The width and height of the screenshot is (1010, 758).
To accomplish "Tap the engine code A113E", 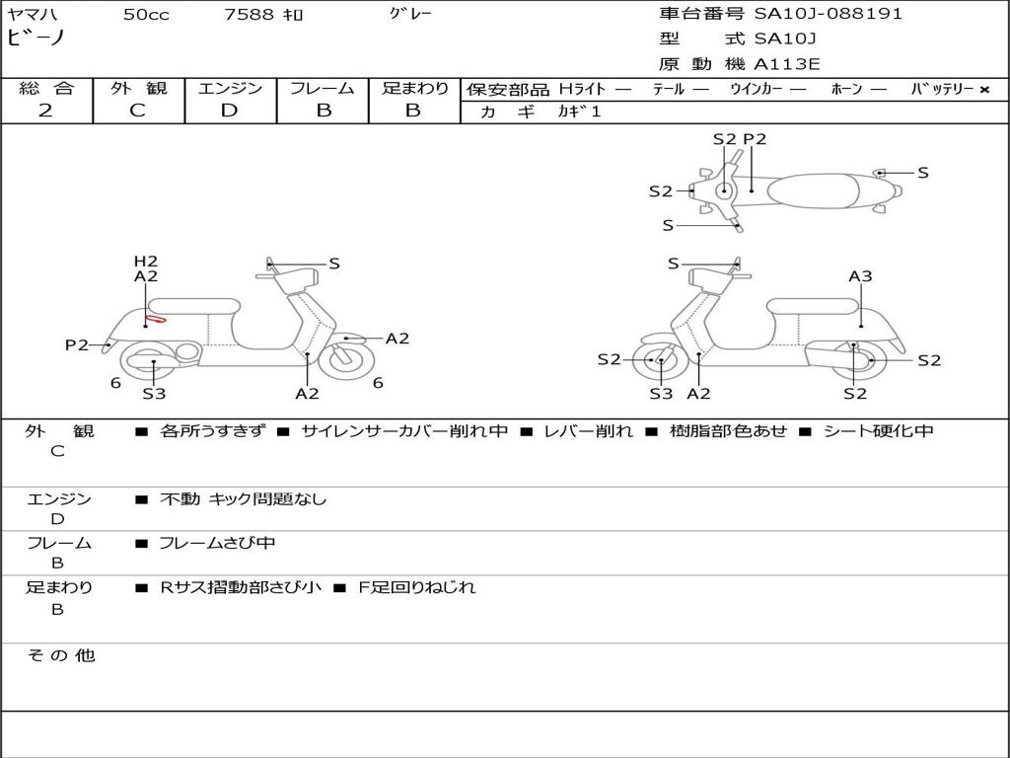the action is [x=787, y=65].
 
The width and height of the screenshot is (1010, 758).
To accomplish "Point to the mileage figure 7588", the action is [x=246, y=14].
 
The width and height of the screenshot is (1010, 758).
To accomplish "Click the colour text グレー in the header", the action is [x=410, y=14].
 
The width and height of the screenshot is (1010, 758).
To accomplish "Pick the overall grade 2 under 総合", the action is [x=45, y=111].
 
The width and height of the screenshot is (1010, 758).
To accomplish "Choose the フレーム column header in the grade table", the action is [x=323, y=89].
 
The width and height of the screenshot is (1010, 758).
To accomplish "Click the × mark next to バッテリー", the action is [x=984, y=90].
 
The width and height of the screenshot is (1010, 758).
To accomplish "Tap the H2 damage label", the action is [x=146, y=261].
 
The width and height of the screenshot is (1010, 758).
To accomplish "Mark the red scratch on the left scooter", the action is [x=155, y=319].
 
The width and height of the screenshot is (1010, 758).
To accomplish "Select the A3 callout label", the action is [x=861, y=276].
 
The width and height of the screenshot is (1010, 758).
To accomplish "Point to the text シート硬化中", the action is [x=878, y=431].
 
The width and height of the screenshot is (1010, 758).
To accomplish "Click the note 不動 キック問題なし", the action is [x=243, y=499].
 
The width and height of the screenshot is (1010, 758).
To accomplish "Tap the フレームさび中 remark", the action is [x=217, y=543].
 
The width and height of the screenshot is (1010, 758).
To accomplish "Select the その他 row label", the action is [x=60, y=655].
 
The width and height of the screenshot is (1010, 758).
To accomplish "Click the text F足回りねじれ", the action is [x=415, y=587].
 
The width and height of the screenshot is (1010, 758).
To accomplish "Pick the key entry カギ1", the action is [x=579, y=112].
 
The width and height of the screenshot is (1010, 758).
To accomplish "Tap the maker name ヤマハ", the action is [x=36, y=14].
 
